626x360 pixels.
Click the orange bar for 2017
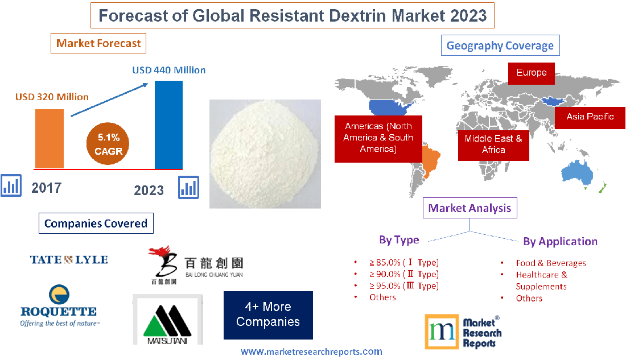click(50, 138)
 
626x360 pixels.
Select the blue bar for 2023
click(169, 125)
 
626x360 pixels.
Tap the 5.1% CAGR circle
click(109, 144)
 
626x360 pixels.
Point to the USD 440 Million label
click(169, 71)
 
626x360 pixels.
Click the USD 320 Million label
click(52, 97)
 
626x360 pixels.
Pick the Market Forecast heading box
click(98, 43)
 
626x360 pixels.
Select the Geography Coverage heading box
click(500, 45)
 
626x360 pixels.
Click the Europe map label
click(532, 73)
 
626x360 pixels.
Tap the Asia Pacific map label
click(590, 117)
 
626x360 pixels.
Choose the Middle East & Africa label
click(493, 144)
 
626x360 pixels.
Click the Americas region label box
click(378, 138)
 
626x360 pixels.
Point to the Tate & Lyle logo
click(69, 260)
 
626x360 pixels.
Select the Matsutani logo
click(167, 320)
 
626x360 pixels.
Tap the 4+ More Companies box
click(268, 315)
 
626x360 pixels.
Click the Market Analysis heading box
click(470, 208)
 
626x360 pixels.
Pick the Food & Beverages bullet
click(550, 263)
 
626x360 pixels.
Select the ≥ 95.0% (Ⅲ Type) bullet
click(403, 285)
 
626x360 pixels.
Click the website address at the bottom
click(311, 352)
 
